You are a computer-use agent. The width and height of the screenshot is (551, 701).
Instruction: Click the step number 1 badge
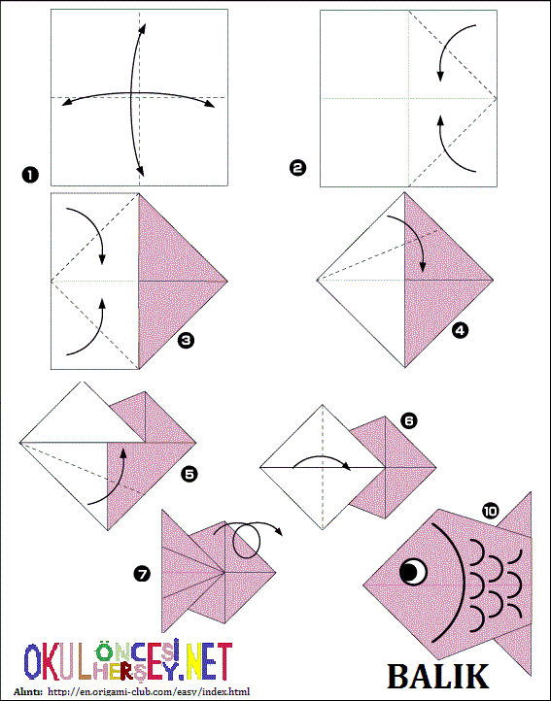click(30, 175)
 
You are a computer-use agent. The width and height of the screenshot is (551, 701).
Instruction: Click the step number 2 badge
click(297, 169)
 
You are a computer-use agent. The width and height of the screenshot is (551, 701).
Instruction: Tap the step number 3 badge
click(186, 341)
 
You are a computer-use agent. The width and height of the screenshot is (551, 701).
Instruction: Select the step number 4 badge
click(460, 330)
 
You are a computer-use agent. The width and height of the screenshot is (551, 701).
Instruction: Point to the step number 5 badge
click(189, 474)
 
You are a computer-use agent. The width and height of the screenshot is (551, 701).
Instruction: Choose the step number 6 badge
click(408, 420)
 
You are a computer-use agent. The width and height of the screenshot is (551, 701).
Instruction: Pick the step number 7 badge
click(142, 574)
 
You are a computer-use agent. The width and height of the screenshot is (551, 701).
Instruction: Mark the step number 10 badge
click(491, 510)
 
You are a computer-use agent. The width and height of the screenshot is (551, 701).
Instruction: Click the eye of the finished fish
click(413, 571)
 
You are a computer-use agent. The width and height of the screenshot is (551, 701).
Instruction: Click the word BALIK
click(437, 677)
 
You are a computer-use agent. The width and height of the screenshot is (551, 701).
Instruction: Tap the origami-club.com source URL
click(149, 691)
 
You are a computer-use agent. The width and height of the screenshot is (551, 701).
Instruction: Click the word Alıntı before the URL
click(28, 691)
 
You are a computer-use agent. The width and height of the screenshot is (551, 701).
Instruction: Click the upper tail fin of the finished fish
click(519, 518)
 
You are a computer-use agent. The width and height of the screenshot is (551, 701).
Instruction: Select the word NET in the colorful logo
click(207, 661)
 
